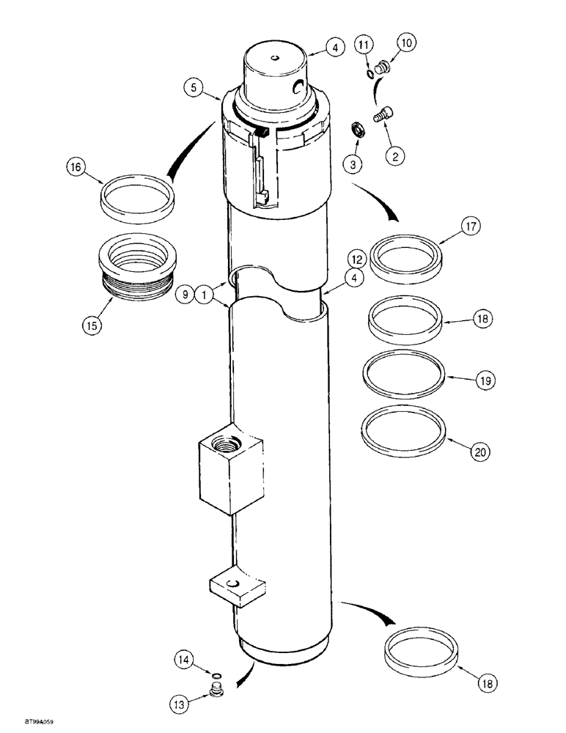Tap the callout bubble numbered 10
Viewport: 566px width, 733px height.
(x=407, y=44)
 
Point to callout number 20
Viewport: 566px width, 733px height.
(x=480, y=453)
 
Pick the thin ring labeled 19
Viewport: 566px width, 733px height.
(x=405, y=378)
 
